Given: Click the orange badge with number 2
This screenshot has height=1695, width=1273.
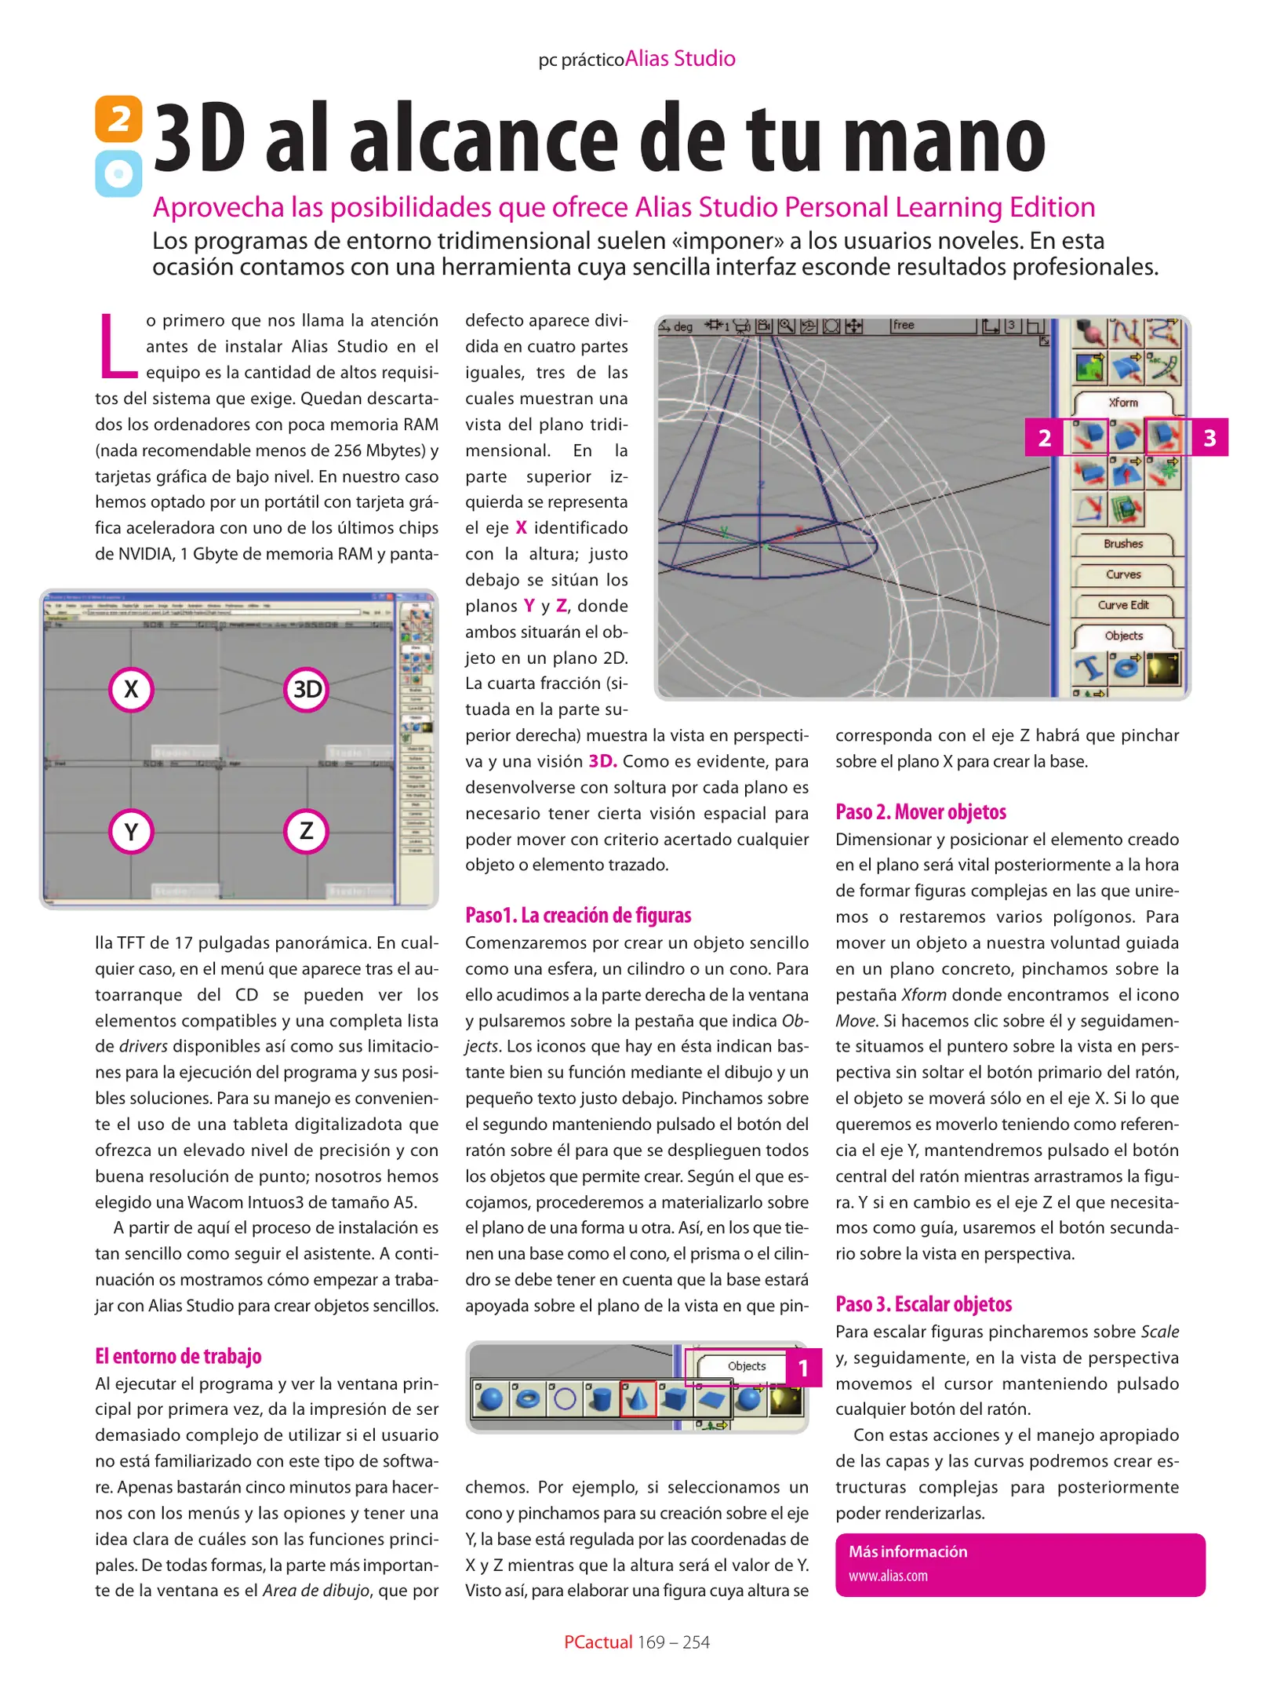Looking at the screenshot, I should pos(118,119).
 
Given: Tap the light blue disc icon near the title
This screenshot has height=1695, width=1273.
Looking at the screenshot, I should pos(118,173).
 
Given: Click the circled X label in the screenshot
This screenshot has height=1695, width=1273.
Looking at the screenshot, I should pos(131,690).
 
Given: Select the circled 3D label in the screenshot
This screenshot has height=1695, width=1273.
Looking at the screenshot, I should pos(306,690).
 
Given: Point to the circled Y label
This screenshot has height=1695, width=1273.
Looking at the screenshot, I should pos(131,831).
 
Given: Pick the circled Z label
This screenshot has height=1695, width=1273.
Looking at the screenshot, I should pos(306,830).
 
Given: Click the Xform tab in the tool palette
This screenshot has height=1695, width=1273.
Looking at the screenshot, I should pos(1122,403).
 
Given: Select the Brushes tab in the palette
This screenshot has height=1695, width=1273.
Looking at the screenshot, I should pos(1122,544).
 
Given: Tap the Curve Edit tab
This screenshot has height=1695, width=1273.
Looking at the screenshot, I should pos(1122,605).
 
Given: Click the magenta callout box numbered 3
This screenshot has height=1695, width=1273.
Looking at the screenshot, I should pos(1209,438).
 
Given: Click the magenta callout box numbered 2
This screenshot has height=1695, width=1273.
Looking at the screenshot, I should pos(1044,438).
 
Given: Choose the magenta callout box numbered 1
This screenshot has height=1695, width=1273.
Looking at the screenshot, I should pos(802,1369).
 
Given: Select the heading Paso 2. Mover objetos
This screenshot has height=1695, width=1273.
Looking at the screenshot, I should pos(920,812).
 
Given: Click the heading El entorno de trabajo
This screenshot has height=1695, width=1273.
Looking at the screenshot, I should pos(178,1356).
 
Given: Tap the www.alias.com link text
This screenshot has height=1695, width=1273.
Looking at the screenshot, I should pos(887,1576).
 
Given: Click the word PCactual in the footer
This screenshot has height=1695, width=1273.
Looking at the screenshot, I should pos(598,1642).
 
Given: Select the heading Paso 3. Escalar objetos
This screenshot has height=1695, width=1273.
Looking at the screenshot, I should pos(923,1304).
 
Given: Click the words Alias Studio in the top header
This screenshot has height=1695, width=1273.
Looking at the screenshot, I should pos(680,59).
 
